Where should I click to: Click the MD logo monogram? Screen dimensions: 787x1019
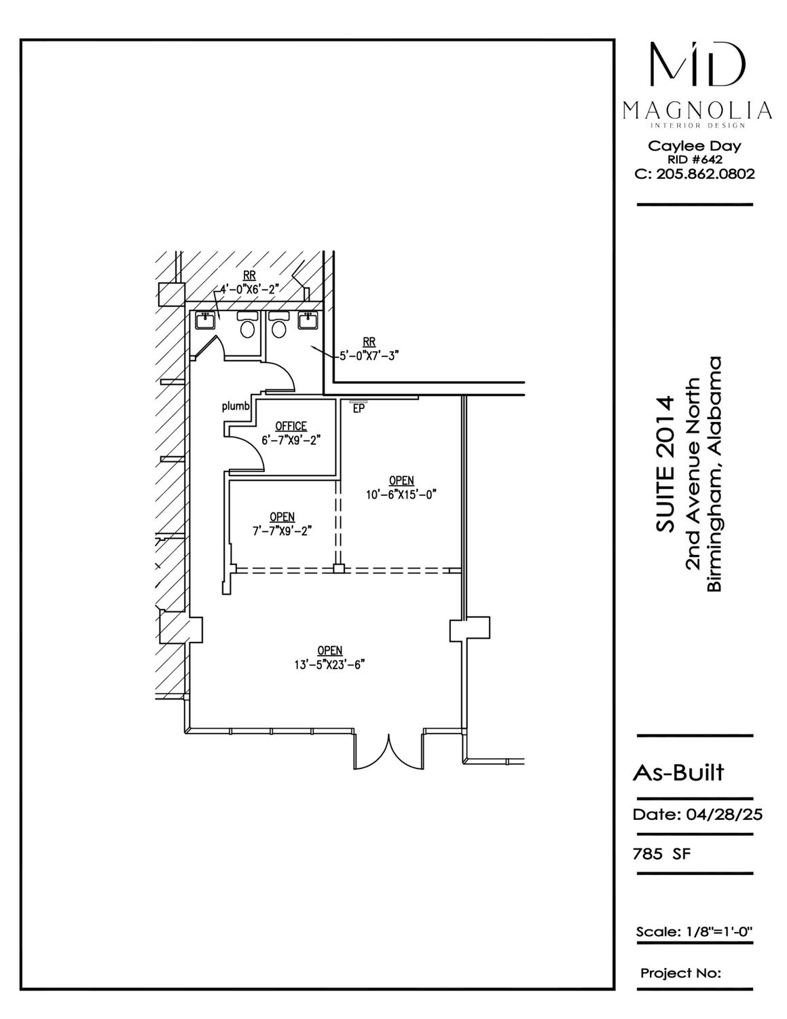pos(697,65)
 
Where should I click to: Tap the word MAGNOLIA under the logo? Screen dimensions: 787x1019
pos(697,111)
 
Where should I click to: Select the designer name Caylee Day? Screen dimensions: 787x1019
pos(694,147)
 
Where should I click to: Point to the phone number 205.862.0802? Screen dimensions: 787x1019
pos(706,174)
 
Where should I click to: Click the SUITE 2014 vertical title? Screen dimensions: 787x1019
pos(665,464)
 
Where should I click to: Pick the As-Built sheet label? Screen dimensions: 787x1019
pos(678,772)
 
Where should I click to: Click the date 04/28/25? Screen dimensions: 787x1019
pos(725,815)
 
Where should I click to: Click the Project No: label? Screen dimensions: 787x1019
pos(680,973)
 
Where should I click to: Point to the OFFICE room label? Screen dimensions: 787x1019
pos(291,426)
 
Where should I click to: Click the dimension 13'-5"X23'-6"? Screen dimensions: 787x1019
pos(329,664)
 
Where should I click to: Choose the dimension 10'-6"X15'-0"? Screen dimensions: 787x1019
pos(401,495)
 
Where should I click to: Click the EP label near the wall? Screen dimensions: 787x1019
pos(359,408)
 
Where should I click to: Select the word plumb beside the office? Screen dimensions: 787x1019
pos(236,406)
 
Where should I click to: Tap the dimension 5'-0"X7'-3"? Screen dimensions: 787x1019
pos(369,356)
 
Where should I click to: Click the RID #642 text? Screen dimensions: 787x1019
pos(695,160)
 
